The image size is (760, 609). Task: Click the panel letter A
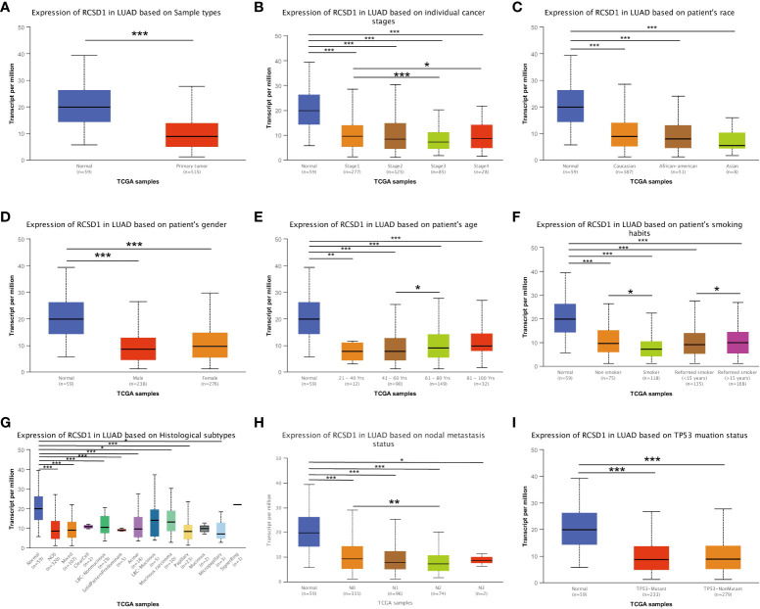(x=8, y=8)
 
